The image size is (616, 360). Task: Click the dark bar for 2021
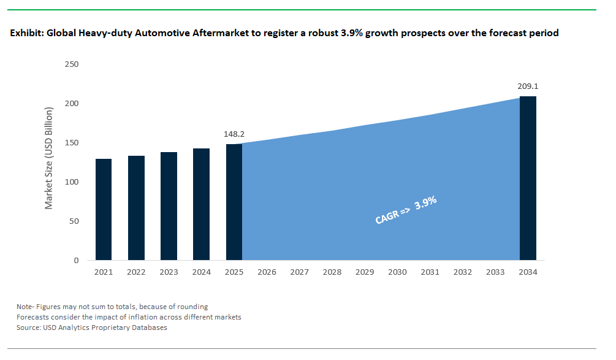click(104, 209)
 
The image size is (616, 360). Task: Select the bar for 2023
click(169, 206)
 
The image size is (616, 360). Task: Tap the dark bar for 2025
click(234, 202)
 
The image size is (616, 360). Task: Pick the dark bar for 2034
click(528, 178)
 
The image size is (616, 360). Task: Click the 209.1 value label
click(528, 86)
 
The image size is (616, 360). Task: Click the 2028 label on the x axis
click(332, 272)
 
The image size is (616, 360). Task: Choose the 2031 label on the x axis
click(430, 272)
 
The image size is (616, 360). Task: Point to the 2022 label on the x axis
click(136, 272)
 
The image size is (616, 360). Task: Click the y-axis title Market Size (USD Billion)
click(50, 158)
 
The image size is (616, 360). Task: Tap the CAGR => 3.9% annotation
click(405, 211)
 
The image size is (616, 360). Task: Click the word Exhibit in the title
click(26, 33)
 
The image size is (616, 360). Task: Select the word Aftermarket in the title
click(217, 33)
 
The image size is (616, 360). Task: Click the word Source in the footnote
click(29, 327)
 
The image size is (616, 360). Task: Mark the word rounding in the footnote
click(192, 307)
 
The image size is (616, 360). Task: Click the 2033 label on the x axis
click(495, 272)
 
